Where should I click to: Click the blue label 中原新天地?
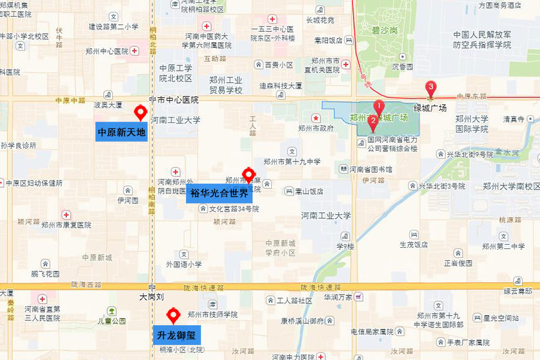click(121, 131)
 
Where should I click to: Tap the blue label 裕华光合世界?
click(219, 193)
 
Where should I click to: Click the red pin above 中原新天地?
click(141, 112)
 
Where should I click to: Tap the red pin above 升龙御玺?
click(173, 314)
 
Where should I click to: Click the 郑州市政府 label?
click(316, 128)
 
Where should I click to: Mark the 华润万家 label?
click(337, 297)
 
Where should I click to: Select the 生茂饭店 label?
click(413, 245)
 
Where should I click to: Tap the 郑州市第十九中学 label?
click(292, 161)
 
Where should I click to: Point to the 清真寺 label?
click(514, 119)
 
